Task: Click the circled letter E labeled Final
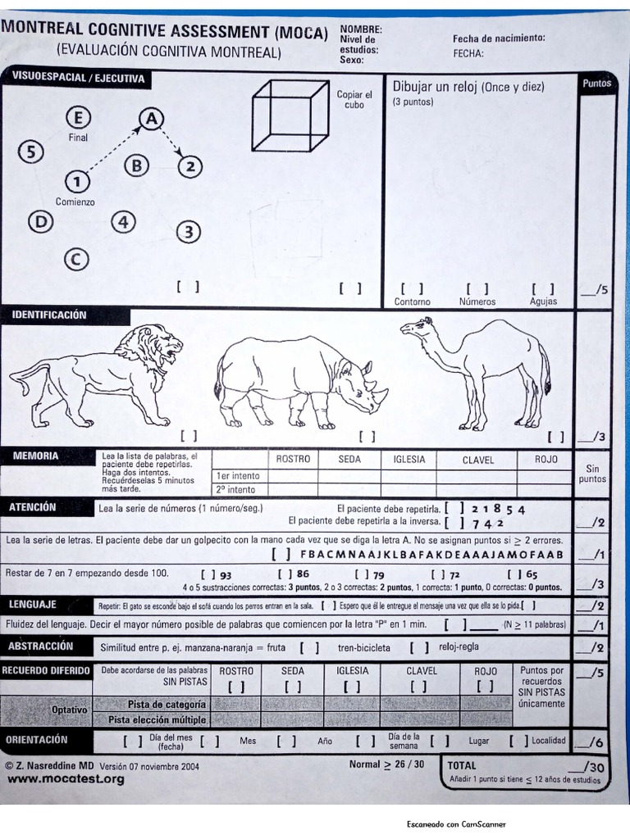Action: (x=79, y=117)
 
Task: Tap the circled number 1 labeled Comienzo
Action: (x=77, y=180)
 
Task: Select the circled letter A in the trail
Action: (x=151, y=119)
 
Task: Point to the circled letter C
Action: (x=75, y=260)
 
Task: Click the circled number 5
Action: (x=31, y=152)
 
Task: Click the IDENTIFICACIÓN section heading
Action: (x=49, y=315)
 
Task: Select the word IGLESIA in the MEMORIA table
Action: (x=409, y=460)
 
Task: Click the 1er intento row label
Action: (x=238, y=475)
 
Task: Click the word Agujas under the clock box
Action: (x=543, y=302)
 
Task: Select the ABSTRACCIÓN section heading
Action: (x=42, y=646)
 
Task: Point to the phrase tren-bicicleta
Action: (x=367, y=647)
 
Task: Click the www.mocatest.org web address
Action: (x=66, y=779)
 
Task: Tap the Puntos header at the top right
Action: (x=596, y=84)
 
